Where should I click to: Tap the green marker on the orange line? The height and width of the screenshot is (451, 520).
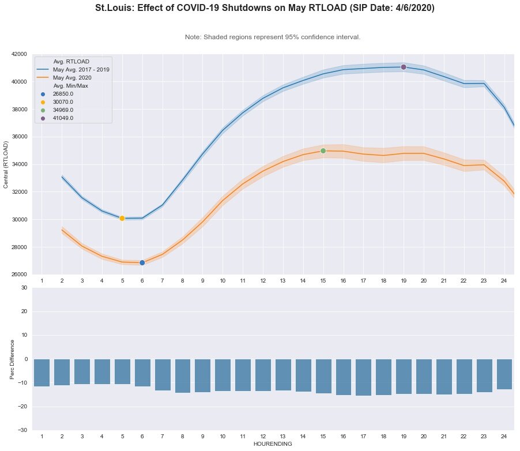pyautogui.click(x=323, y=151)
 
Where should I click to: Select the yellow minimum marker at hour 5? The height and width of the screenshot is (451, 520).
pyautogui.click(x=122, y=218)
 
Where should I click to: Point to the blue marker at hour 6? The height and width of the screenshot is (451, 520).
pyautogui.click(x=142, y=262)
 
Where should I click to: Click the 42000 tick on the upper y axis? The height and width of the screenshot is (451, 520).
pyautogui.click(x=19, y=54)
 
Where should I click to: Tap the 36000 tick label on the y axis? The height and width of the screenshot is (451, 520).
pyautogui.click(x=19, y=137)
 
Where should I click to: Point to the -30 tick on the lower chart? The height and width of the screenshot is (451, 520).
pyautogui.click(x=22, y=430)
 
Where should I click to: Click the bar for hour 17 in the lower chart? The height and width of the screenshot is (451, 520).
pyautogui.click(x=363, y=377)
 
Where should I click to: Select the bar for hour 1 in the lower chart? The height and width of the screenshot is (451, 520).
pyautogui.click(x=42, y=373)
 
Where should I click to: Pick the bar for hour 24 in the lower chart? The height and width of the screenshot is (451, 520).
pyautogui.click(x=504, y=374)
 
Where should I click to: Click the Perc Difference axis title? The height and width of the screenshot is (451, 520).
pyautogui.click(x=12, y=359)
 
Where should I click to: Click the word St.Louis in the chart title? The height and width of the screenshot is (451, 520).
pyautogui.click(x=115, y=9)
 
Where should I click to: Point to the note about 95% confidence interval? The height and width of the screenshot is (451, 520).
pyautogui.click(x=273, y=37)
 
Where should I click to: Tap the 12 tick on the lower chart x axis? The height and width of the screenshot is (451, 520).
pyautogui.click(x=263, y=436)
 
